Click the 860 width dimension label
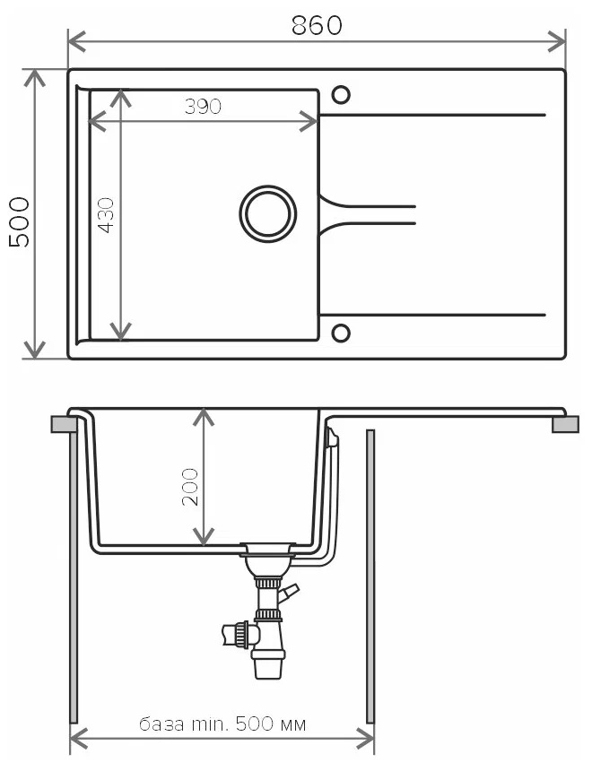(317, 26)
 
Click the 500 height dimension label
(20, 221)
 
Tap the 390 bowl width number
(203, 106)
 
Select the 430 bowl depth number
(106, 215)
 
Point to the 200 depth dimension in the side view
(190, 487)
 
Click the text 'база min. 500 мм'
(222, 724)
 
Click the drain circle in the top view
(268, 214)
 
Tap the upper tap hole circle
(341, 94)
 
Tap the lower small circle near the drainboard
(341, 333)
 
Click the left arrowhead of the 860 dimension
(76, 41)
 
